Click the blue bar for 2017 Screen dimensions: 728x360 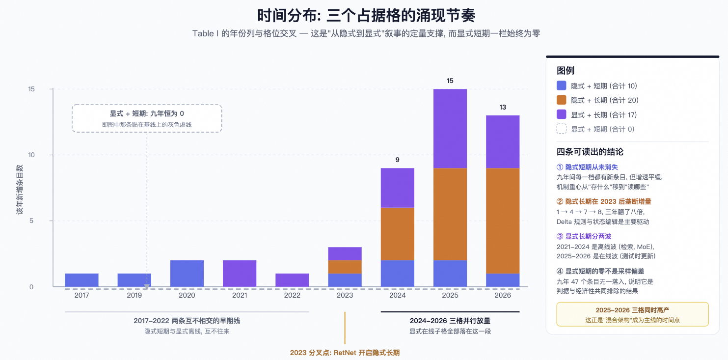[81, 280]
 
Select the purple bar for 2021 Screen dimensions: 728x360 [240, 274]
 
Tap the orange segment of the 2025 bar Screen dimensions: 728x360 [450, 214]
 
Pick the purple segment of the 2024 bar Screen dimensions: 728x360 [398, 188]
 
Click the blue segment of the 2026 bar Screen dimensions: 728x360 [503, 280]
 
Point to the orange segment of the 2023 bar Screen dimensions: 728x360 [345, 267]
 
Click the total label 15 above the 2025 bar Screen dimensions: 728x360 [450, 81]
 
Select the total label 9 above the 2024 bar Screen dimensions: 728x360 [398, 160]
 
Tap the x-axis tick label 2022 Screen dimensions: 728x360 [292, 295]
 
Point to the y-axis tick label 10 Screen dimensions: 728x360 [31, 155]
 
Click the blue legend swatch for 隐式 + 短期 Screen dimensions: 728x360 [561, 85]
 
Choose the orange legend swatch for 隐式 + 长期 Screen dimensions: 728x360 [561, 100]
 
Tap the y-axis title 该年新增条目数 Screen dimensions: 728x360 [20, 189]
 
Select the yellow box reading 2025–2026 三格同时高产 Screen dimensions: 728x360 [632, 314]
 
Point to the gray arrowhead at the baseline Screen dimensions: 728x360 [147, 287]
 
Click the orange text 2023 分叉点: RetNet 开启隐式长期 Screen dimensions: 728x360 [345, 353]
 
